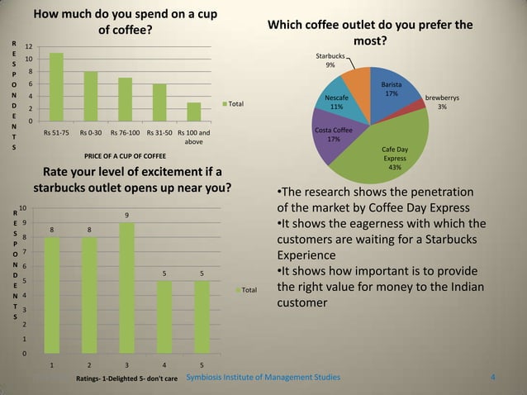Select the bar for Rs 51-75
tap(56, 87)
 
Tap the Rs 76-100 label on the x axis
tap(125, 132)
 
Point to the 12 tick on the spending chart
tap(28, 47)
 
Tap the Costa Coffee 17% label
tap(334, 135)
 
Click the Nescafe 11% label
tap(337, 102)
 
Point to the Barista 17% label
tap(392, 89)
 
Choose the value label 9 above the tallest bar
tap(126, 215)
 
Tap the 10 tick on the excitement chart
tap(25, 208)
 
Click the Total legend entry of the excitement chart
tap(248, 290)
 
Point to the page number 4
tap(493, 378)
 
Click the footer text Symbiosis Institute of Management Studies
tap(262, 378)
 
